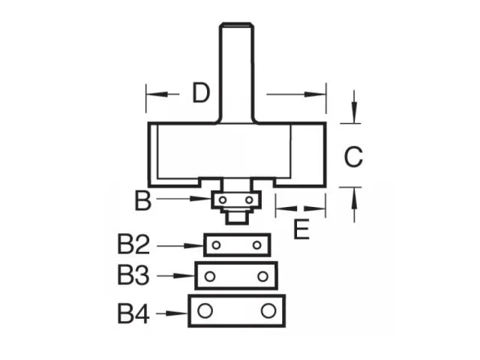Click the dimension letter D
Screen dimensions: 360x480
pos(200,93)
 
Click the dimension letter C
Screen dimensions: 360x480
pos(352,157)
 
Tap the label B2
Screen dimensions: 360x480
pos(133,245)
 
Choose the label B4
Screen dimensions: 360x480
pos(133,313)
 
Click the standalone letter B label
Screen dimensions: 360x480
pos(142,200)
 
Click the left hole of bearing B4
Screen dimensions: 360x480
pos(205,310)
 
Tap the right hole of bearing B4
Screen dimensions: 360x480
pos(268,310)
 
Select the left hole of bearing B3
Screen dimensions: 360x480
pos(210,277)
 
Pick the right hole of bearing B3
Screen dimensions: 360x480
pos(263,277)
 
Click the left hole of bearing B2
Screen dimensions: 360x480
pos(216,245)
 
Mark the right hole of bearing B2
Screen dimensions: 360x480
pos(257,245)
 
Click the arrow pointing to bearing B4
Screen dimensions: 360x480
pos(176,313)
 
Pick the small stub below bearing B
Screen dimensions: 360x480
pos(237,216)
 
